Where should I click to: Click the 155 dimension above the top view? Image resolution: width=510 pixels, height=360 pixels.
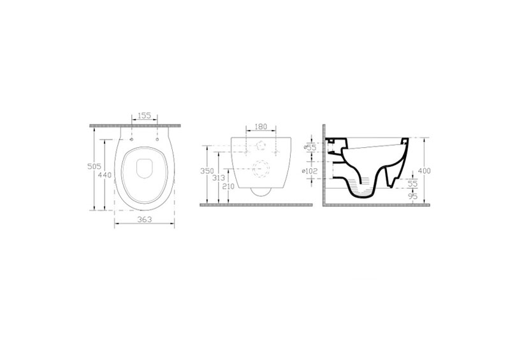click(144, 115)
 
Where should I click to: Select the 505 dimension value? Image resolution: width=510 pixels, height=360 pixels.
click(94, 166)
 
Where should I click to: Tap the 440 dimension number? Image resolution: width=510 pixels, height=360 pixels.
click(105, 175)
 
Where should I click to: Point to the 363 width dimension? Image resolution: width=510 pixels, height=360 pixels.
click(144, 220)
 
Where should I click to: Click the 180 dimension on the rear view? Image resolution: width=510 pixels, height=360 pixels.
click(261, 127)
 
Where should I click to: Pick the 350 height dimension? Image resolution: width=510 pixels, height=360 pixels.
click(207, 171)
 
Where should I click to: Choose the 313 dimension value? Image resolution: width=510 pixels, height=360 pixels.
click(218, 178)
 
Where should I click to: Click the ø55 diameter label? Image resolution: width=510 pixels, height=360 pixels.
click(310, 148)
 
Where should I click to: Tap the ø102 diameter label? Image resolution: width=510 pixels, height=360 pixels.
click(309, 171)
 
